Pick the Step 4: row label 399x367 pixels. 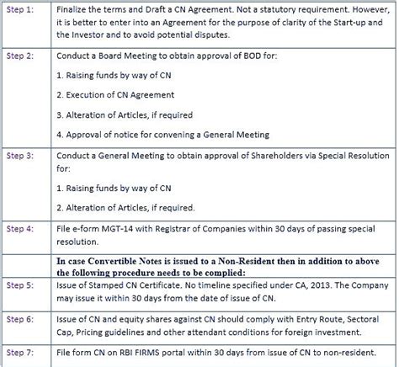click(x=20, y=229)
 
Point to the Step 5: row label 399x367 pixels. click(x=20, y=286)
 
